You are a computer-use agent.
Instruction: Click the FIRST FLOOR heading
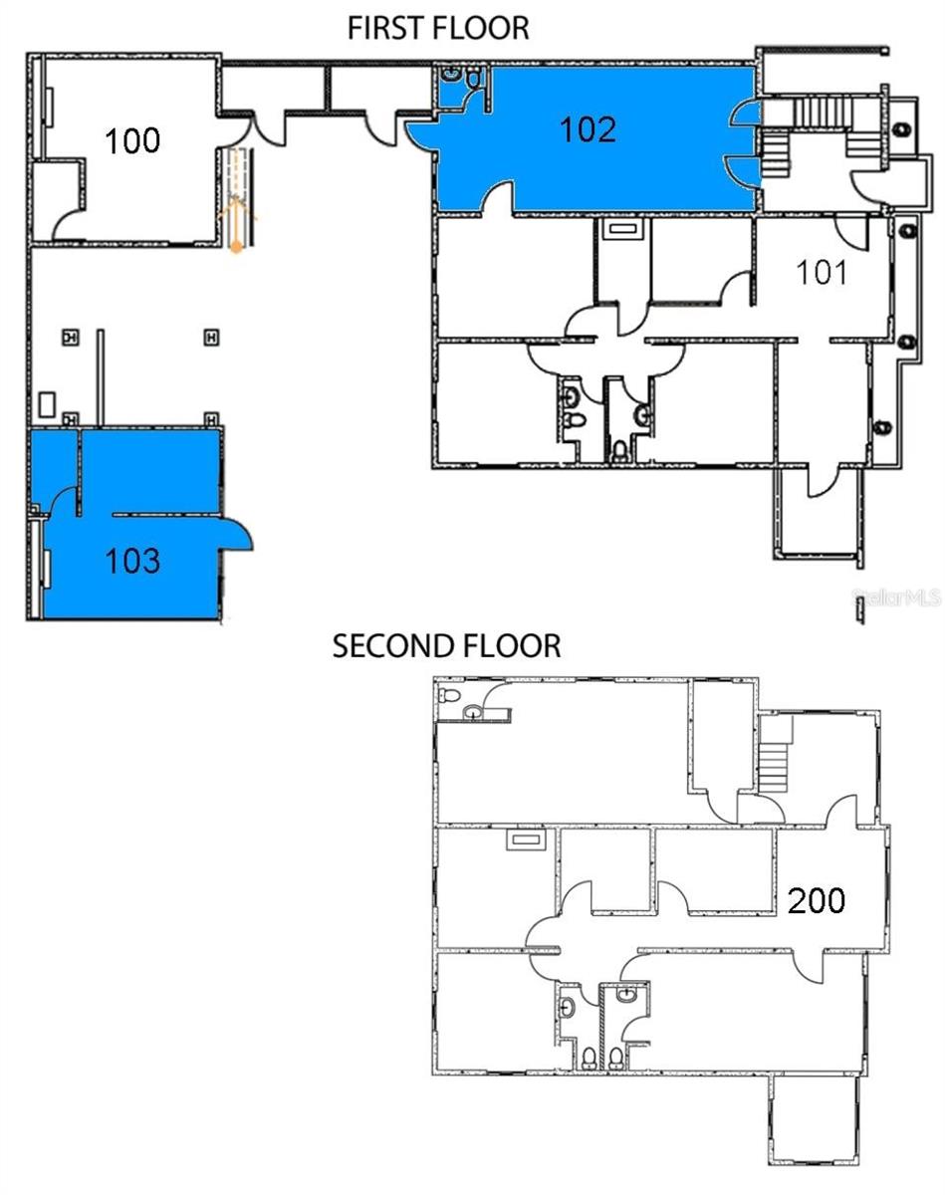pos(437,28)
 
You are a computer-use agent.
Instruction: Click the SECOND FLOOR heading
pos(446,646)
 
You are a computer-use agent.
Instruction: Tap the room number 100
pos(132,140)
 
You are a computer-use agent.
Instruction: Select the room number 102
pos(588,129)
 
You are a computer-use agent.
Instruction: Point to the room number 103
pos(132,561)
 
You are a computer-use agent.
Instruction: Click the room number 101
pos(822,272)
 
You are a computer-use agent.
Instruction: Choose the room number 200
pos(817,900)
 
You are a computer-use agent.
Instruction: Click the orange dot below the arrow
pos(237,247)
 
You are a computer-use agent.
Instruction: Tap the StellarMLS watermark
pos(895,597)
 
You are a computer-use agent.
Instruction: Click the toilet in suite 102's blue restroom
pos(450,73)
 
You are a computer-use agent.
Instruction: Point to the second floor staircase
pos(774,754)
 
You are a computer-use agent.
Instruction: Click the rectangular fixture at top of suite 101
pos(624,228)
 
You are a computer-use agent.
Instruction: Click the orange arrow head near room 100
pos(237,213)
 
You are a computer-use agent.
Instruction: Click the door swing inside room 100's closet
pos(68,225)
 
